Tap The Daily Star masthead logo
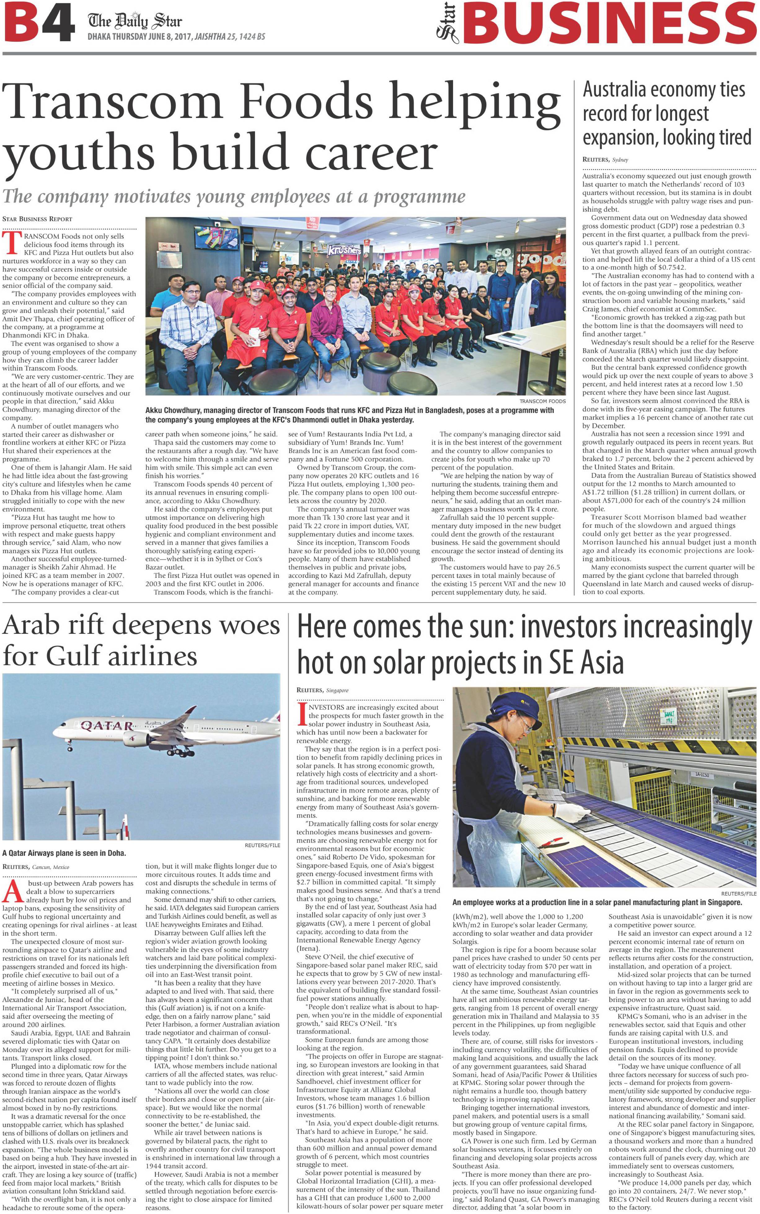pos(135,21)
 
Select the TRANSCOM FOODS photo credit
pos(542,401)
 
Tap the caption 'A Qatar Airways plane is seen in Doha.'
pos(64,853)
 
